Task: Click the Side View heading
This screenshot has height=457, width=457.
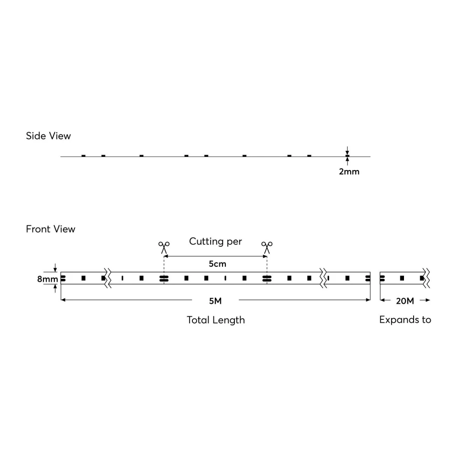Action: [48, 136]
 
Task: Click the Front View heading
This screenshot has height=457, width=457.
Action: [50, 229]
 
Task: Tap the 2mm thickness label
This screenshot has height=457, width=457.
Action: [349, 172]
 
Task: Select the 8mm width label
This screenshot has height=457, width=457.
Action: [48, 279]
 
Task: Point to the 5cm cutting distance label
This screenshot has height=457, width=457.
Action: [218, 264]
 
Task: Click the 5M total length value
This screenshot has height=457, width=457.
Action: [215, 301]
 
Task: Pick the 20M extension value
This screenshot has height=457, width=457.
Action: [405, 301]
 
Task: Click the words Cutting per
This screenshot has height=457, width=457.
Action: [215, 242]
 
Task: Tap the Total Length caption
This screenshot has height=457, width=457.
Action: [216, 320]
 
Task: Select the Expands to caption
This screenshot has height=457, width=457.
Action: [405, 320]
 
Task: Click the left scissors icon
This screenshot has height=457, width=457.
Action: [164, 247]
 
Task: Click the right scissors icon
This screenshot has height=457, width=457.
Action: [267, 247]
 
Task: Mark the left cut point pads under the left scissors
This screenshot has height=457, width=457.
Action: [164, 278]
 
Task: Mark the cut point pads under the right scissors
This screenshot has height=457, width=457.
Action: [267, 278]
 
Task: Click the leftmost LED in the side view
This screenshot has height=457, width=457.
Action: [83, 156]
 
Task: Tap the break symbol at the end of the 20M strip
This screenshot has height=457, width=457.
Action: [426, 278]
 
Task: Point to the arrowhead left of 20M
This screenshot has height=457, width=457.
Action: [382, 300]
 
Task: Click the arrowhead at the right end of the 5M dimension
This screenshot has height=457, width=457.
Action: [368, 300]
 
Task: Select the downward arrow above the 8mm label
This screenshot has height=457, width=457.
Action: [55, 268]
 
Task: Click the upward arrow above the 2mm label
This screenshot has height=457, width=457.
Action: [347, 161]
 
